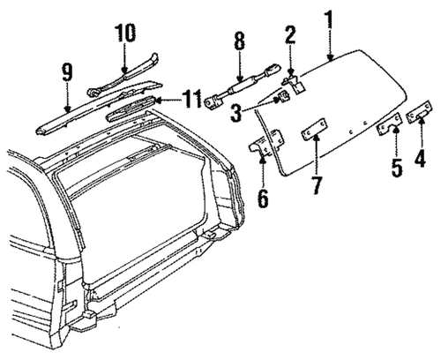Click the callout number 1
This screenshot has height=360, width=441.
330,19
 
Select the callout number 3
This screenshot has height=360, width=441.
236,113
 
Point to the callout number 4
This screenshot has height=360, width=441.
421,159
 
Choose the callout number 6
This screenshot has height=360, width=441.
263,199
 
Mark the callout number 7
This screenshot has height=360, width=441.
317,185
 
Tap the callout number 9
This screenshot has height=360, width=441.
67,72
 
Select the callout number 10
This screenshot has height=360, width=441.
125,33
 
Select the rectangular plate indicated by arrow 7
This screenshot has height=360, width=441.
315,131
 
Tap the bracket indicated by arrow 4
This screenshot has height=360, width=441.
420,112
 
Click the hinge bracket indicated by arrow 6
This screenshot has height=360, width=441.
265,143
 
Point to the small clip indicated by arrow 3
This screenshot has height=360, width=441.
284,96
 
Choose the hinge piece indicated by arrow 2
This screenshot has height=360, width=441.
295,85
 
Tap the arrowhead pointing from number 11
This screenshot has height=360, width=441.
157,101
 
